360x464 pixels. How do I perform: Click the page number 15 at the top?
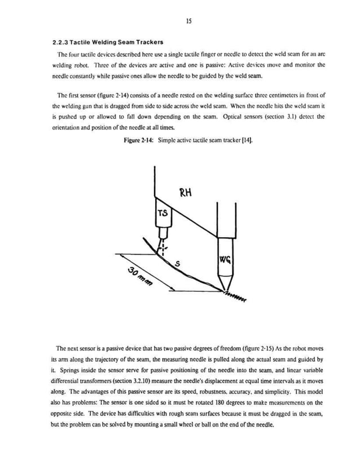(189, 21)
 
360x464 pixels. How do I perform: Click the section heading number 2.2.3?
(60, 43)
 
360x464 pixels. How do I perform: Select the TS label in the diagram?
(162, 213)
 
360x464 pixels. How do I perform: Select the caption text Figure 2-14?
(140, 140)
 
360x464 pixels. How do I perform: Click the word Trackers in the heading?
(147, 43)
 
